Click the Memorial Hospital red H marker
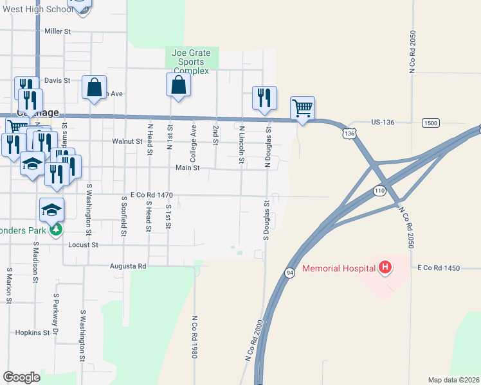385,267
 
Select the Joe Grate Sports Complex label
192,62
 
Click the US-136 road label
386,121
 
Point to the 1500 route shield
430,123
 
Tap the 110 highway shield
379,191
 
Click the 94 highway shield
290,273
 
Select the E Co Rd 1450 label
439,268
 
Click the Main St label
188,167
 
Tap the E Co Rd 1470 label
152,194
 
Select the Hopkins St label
33,333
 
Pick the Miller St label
57,31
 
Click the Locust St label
84,245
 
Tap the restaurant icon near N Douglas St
264,98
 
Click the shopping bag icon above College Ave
178,85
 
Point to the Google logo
22,377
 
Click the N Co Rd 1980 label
194,336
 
